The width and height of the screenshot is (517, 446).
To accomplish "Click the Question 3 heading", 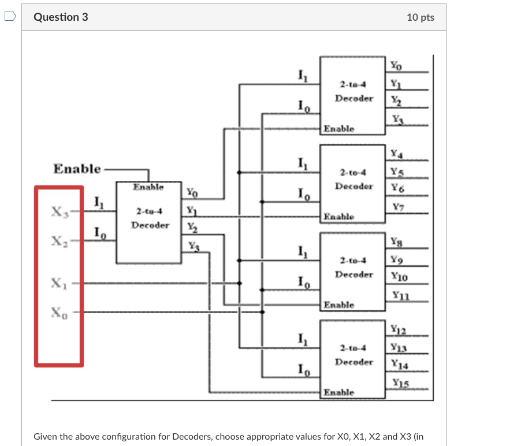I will click(61, 17).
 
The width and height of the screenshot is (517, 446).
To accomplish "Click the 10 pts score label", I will click(420, 17).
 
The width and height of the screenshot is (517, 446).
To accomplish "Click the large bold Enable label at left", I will click(77, 169).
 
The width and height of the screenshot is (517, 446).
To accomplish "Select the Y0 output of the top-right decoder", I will click(395, 65).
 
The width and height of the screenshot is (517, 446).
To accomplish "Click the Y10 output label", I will click(399, 277).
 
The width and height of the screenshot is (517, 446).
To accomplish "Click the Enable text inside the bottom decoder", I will click(339, 392).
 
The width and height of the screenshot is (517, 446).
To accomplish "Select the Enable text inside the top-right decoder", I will click(339, 128).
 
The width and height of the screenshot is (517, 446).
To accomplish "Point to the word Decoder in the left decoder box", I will click(150, 225).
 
